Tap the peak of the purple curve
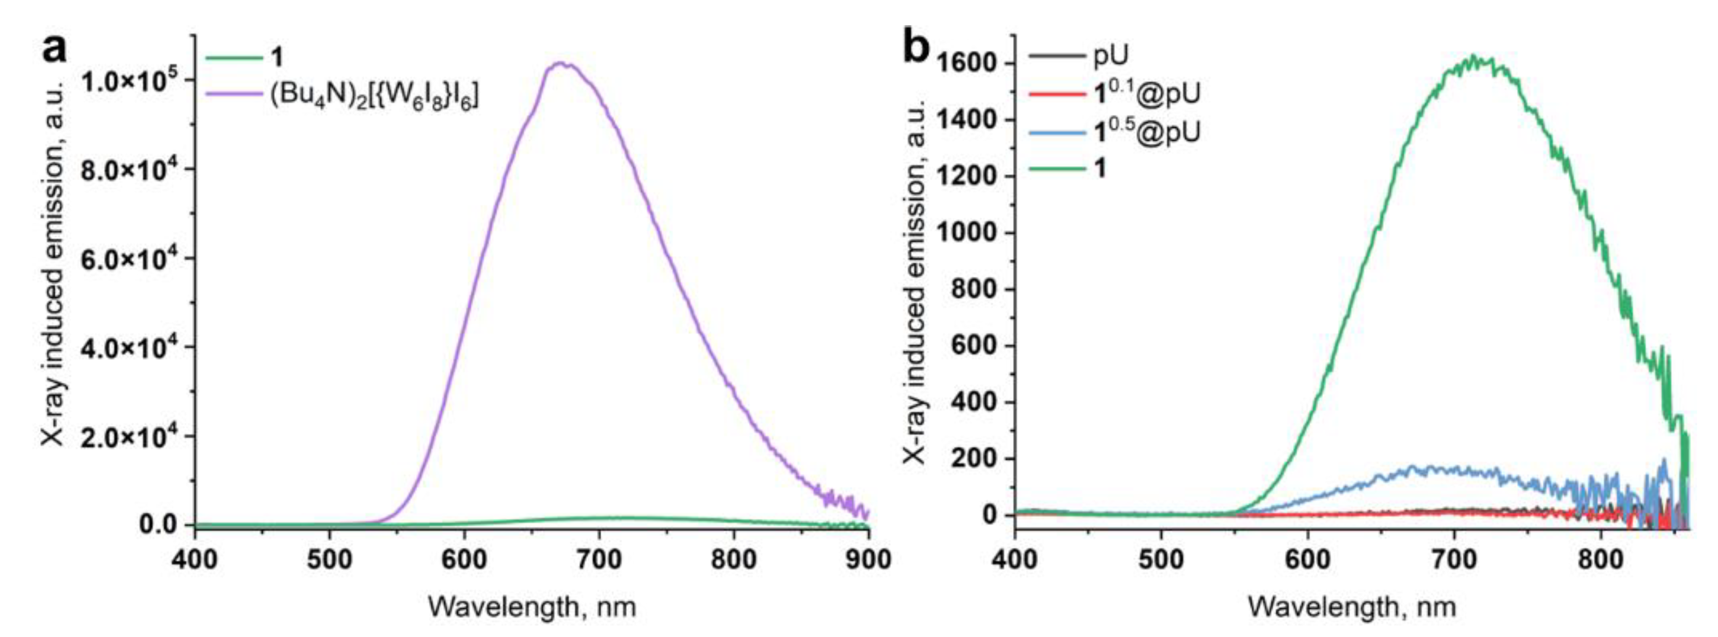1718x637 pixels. coord(562,63)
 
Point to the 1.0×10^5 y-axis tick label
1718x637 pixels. coord(127,80)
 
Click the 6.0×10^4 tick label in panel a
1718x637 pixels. coord(127,258)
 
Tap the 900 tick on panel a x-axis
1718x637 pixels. coord(867,559)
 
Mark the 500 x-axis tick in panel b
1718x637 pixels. coord(1161,559)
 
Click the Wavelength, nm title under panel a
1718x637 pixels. coord(532,607)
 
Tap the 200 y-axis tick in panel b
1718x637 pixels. coord(975,459)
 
